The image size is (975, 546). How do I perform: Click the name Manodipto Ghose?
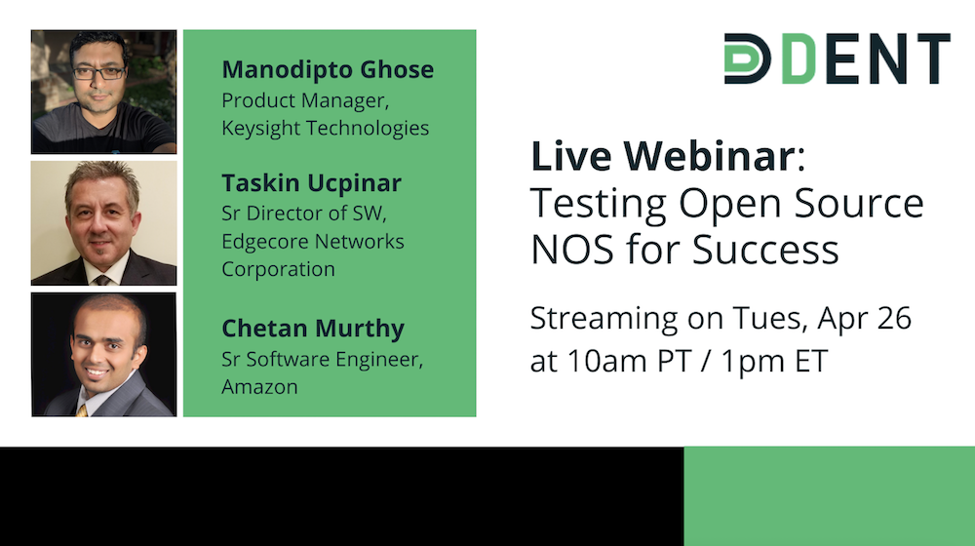pyautogui.click(x=328, y=69)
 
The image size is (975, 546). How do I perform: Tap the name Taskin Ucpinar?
pyautogui.click(x=312, y=183)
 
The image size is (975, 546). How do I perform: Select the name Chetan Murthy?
pyautogui.click(x=313, y=329)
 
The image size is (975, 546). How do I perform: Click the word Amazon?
pyautogui.click(x=259, y=387)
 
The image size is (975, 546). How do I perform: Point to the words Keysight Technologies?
pyautogui.click(x=326, y=128)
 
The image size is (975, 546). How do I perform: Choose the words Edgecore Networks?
pyautogui.click(x=313, y=241)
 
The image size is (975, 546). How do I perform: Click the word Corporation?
pyautogui.click(x=279, y=269)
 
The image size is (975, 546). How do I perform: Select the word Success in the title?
pyautogui.click(x=765, y=250)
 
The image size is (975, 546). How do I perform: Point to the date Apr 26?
pyautogui.click(x=864, y=319)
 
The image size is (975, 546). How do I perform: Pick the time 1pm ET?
pyautogui.click(x=774, y=362)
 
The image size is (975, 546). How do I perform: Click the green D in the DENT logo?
pyautogui.click(x=799, y=58)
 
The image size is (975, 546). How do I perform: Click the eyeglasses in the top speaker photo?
pyautogui.click(x=99, y=73)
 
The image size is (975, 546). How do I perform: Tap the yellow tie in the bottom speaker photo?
pyautogui.click(x=82, y=410)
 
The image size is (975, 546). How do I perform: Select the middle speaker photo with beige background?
pyautogui.click(x=104, y=223)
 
